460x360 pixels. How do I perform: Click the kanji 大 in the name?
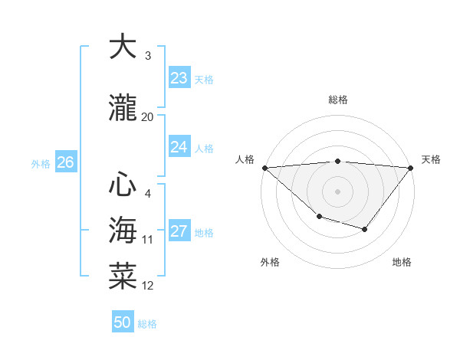point(123,47)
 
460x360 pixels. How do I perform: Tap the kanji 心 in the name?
point(123,184)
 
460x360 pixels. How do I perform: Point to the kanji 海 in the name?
point(123,229)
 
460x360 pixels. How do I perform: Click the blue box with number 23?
point(179,78)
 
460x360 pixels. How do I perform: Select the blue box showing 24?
point(179,147)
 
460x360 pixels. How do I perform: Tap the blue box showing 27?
point(179,232)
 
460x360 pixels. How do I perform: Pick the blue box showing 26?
point(65,162)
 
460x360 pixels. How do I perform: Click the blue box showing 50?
point(123,322)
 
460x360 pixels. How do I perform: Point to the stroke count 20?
point(148,117)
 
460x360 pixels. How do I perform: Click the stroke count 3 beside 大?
point(148,56)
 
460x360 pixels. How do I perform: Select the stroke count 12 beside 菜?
point(148,286)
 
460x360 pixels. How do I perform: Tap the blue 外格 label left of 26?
point(41,163)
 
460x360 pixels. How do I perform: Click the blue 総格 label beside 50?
point(147,324)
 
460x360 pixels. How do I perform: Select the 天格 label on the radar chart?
point(431,159)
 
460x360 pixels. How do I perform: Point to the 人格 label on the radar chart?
point(245,159)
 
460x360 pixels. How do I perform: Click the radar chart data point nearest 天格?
point(411,167)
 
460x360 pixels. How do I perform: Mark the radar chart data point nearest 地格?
point(365,229)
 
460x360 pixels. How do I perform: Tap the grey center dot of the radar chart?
point(337,191)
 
